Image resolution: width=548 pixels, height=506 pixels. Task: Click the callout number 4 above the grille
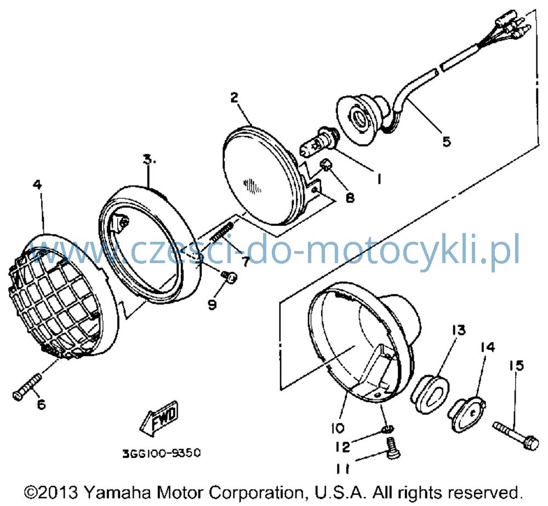click(38, 184)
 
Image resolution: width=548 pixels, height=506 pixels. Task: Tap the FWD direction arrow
click(159, 419)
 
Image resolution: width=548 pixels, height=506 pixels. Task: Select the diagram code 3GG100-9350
click(162, 453)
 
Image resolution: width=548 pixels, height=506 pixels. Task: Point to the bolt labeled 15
click(516, 436)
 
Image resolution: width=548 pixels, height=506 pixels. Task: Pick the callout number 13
click(459, 330)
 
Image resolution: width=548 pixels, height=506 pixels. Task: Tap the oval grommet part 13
click(429, 394)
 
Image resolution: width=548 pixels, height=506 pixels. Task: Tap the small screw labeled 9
click(230, 276)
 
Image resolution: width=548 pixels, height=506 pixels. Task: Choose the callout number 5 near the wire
click(447, 142)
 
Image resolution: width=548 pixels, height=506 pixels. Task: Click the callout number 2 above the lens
click(235, 97)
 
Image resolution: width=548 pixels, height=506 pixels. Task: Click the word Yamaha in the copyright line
click(117, 493)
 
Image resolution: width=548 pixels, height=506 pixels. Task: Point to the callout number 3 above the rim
click(149, 160)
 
